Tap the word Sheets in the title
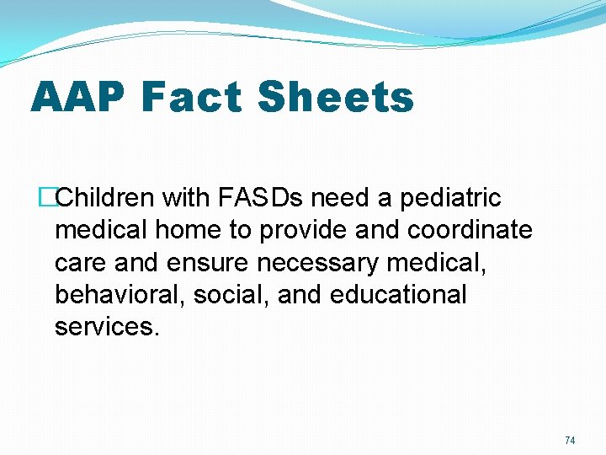click(x=336, y=97)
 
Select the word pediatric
click(x=450, y=199)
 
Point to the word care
click(x=80, y=263)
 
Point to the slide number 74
click(x=570, y=441)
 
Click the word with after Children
click(x=189, y=199)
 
